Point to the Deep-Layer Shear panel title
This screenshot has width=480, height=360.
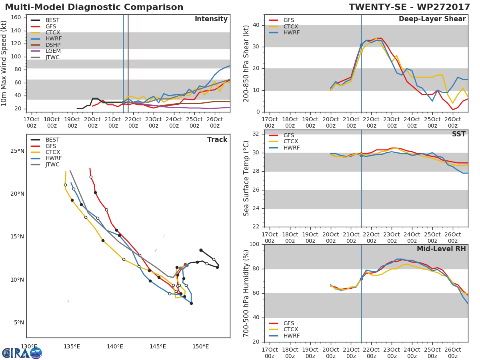click(432, 19)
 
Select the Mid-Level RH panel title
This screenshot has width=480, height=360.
click(441, 249)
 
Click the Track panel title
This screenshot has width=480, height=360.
click(217, 140)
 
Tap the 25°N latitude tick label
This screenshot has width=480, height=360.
click(17, 151)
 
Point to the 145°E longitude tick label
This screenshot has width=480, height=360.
click(158, 346)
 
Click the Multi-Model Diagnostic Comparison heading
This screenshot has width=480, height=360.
click(94, 7)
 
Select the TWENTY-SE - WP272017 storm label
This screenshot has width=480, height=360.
click(409, 7)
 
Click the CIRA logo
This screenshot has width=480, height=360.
click(22, 353)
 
